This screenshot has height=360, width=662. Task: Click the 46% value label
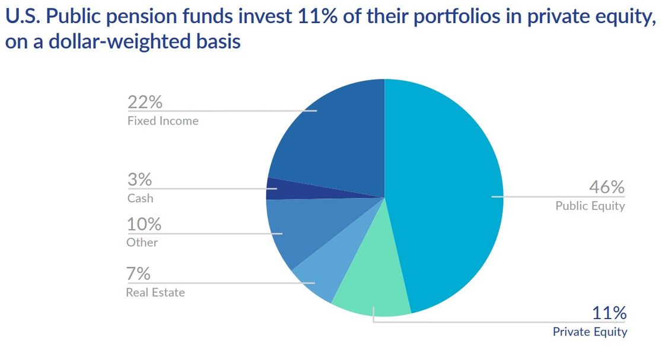click(606, 187)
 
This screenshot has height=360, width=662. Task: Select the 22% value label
click(145, 102)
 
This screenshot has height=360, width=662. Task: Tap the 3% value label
click(140, 180)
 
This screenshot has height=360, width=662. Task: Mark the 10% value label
click(144, 224)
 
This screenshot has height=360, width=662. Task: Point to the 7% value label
click(138, 274)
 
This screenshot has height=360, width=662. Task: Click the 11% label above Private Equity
click(609, 313)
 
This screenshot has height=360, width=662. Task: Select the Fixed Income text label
click(163, 121)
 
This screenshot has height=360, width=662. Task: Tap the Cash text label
click(140, 198)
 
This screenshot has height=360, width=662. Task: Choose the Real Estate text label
click(155, 292)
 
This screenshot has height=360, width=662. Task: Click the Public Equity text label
click(590, 206)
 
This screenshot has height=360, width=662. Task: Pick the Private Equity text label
click(590, 332)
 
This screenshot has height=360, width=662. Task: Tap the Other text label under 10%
click(142, 243)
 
